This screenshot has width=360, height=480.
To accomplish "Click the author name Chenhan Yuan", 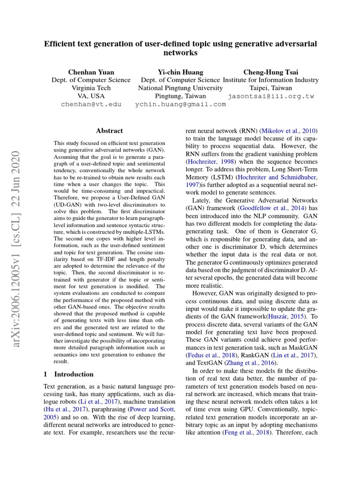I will [91, 72].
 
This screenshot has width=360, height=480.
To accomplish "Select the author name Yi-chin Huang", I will [180, 72].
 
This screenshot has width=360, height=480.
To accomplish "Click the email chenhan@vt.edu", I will [91, 104].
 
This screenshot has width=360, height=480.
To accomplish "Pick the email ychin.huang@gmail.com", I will [180, 104].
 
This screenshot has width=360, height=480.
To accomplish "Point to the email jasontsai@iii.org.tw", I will [271, 96].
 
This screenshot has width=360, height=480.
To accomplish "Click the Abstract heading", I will [109, 131].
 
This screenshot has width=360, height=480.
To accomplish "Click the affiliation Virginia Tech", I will [91, 88].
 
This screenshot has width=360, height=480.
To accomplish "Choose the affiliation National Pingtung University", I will [180, 88].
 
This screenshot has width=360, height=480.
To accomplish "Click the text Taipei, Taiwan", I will [270, 88].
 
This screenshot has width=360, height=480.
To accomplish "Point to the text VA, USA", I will [91, 96].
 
